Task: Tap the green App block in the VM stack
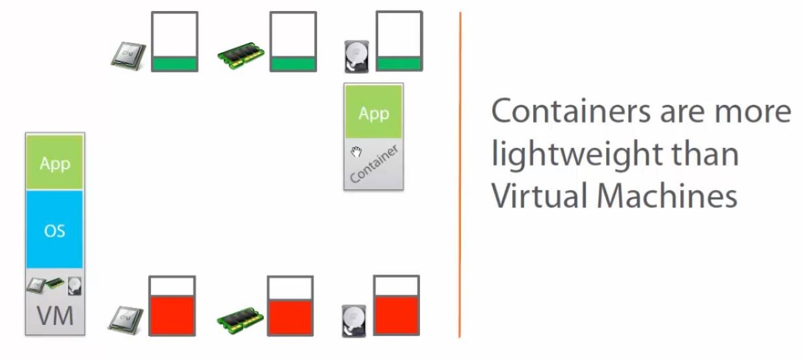coord(55,163)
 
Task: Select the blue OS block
coord(55,230)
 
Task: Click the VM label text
coord(55,317)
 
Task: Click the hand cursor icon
coord(356,152)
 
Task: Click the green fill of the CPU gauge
coord(174,64)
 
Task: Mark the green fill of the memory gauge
coord(293,64)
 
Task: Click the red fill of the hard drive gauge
coord(396,315)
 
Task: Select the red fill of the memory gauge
coord(290,317)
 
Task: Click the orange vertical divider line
coord(460,176)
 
